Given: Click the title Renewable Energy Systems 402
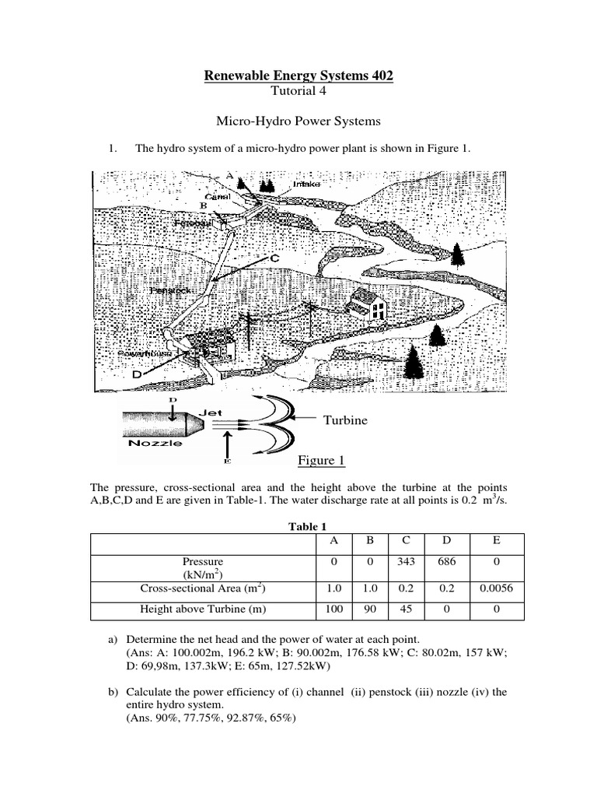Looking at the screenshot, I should [298, 75].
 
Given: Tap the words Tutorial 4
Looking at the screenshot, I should [298, 93].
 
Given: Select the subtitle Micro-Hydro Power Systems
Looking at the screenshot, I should [298, 121].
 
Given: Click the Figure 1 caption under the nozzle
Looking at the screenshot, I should [321, 461].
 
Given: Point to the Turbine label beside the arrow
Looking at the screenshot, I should [346, 420].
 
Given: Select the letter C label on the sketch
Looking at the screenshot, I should [274, 258].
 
